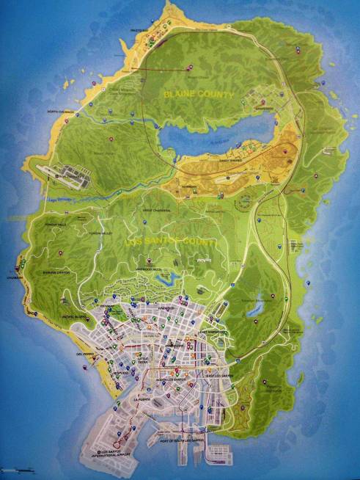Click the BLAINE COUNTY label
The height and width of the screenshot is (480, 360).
coord(199,95)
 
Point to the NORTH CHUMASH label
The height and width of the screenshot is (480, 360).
coord(62,112)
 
